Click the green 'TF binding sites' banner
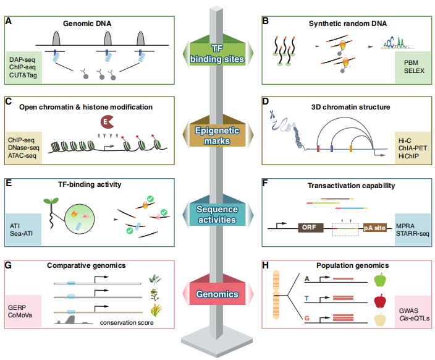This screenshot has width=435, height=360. (x=217, y=54)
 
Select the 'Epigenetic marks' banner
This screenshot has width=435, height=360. (x=217, y=132)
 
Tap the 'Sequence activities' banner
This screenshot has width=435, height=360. (x=217, y=213)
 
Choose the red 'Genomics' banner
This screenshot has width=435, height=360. (x=217, y=294)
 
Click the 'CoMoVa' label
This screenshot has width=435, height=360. (x=21, y=315)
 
